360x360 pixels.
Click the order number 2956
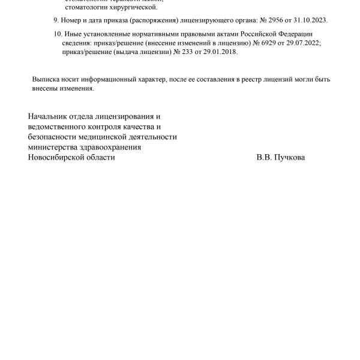282,20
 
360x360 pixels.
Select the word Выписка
46,79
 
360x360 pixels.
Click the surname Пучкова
290,157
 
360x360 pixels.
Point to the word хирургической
133,7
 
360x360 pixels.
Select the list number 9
55,20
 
